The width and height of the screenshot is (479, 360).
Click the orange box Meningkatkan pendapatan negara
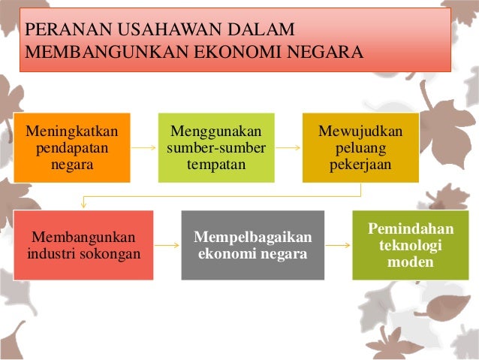point(71,147)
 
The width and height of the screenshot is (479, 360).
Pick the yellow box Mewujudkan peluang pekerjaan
point(360,147)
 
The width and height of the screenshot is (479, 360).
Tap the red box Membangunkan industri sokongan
point(83,245)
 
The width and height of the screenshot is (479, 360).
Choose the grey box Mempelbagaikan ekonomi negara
point(252,245)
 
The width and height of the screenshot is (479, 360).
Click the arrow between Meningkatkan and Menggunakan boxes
point(144,148)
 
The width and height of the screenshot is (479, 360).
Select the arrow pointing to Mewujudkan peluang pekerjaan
point(288,148)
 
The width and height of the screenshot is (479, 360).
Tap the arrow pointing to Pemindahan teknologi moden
point(338,245)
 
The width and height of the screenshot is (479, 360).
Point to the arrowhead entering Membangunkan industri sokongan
point(84,205)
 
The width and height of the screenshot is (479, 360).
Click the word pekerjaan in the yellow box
point(360,163)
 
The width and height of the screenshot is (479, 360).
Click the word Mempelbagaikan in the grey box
point(252,237)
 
